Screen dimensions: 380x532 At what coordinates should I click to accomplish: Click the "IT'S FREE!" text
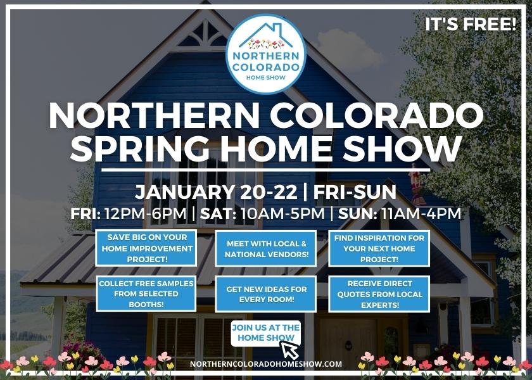click(471, 26)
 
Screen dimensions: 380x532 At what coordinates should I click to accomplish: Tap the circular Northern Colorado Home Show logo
click(266, 54)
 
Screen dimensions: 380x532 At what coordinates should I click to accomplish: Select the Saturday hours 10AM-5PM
click(282, 213)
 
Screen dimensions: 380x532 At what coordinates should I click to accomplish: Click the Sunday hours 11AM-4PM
click(418, 213)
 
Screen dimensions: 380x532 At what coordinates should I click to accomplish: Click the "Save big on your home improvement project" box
click(146, 248)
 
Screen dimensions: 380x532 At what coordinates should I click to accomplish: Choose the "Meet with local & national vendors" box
click(266, 248)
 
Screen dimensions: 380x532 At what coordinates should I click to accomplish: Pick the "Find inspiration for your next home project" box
click(379, 248)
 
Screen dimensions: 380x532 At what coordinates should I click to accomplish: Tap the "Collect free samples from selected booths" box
click(146, 293)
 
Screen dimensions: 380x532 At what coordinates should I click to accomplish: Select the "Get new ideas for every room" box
click(266, 294)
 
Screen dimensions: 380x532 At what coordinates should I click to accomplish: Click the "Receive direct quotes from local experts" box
click(379, 293)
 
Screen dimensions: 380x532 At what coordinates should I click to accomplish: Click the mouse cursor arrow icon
click(289, 350)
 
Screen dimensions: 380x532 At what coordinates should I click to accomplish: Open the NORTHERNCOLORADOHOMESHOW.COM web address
click(266, 364)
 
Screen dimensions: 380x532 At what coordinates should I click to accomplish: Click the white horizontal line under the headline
click(266, 170)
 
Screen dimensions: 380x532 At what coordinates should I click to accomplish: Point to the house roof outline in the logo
click(266, 32)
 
